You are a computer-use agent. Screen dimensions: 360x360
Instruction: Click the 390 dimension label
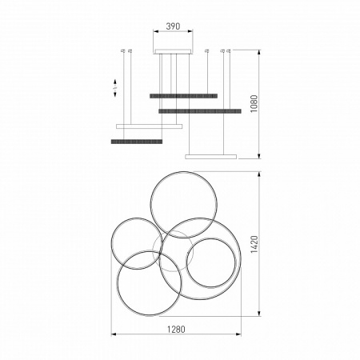coord(172,26)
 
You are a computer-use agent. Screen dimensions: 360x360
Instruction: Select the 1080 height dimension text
coord(254,104)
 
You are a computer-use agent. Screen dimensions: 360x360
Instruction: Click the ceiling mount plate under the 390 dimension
coord(173,52)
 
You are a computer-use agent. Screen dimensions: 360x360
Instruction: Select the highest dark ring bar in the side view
coord(183,96)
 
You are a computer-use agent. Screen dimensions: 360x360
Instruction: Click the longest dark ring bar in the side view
coord(200,111)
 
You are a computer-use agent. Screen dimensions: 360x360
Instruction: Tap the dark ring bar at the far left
coord(136,142)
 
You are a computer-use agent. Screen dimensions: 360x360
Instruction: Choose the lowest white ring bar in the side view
coord(211,156)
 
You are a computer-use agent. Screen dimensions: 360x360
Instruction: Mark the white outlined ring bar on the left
coord(150,126)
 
